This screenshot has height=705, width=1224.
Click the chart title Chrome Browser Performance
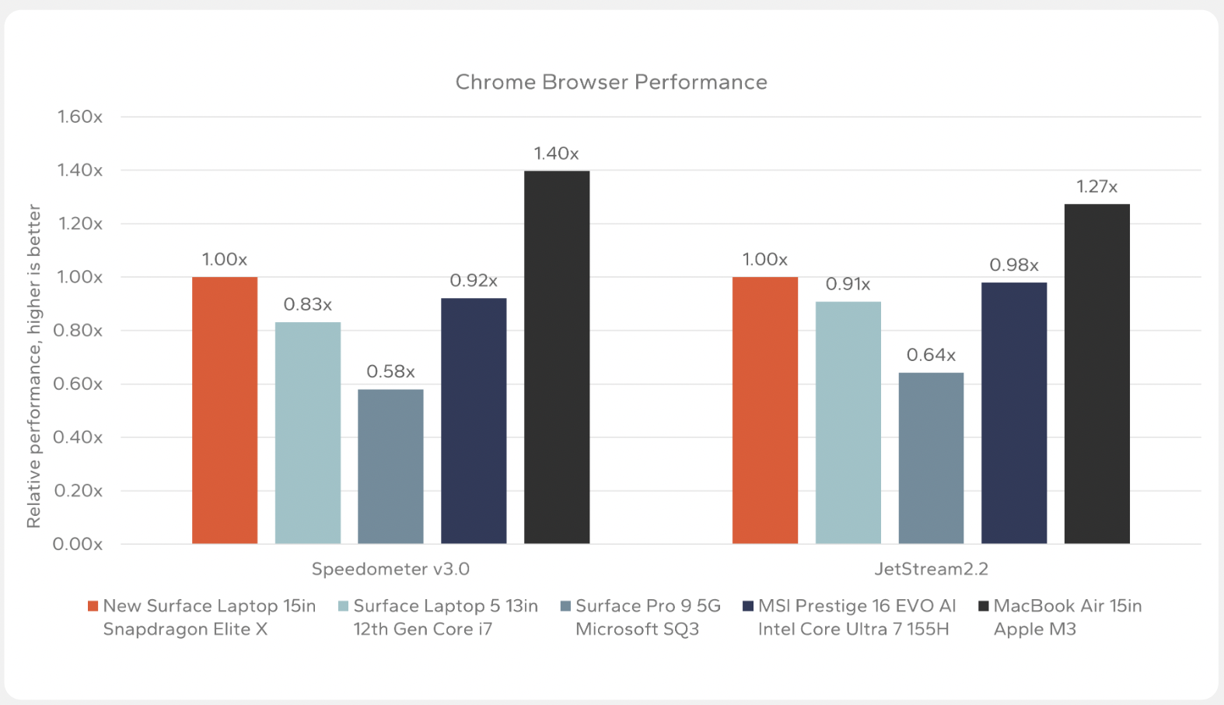click(x=611, y=82)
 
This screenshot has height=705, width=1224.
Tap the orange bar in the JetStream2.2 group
click(x=765, y=410)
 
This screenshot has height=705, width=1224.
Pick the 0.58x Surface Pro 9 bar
click(x=390, y=466)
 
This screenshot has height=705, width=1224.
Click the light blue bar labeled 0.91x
click(x=848, y=423)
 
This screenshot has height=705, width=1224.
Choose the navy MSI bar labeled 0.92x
click(x=474, y=420)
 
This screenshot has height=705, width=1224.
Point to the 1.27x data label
click(x=1096, y=187)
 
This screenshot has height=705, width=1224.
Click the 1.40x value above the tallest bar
click(x=556, y=153)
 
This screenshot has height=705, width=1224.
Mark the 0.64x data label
click(x=931, y=356)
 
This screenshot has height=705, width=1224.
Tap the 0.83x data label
click(x=308, y=304)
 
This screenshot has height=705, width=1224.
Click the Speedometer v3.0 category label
click(x=390, y=569)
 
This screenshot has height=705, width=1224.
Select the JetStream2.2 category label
click(x=931, y=569)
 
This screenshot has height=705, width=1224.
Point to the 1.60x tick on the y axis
click(x=79, y=117)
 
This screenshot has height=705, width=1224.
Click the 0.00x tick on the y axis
click(x=78, y=544)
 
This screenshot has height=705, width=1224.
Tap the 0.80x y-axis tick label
click(x=78, y=331)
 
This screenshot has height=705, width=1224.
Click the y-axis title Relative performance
click(x=33, y=366)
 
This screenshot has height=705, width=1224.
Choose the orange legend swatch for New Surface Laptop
click(x=93, y=606)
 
